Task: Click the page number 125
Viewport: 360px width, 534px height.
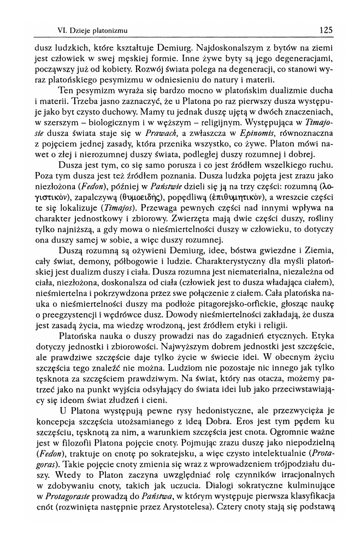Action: (x=326, y=30)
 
